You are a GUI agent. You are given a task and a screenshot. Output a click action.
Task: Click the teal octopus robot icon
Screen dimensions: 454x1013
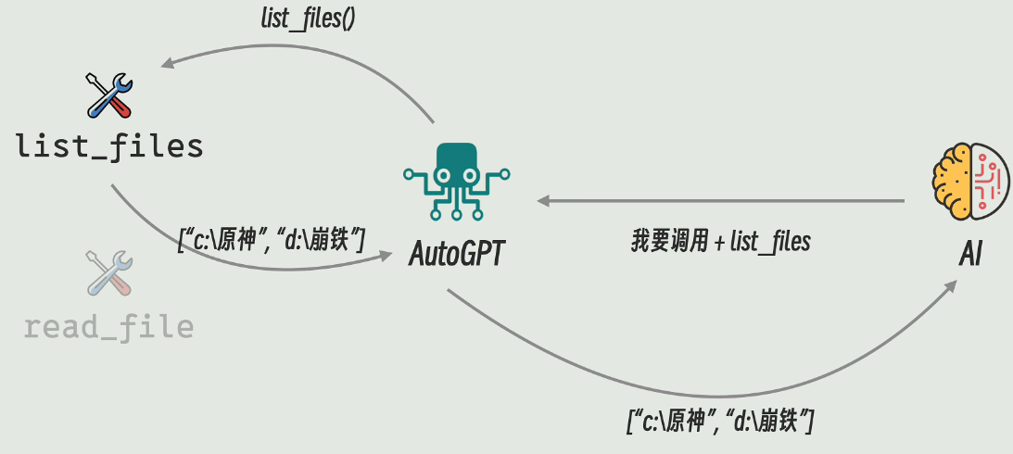(x=457, y=182)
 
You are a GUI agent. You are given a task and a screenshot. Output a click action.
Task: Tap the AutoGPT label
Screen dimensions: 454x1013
(x=457, y=252)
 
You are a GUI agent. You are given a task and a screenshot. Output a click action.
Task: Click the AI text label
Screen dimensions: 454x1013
(x=969, y=252)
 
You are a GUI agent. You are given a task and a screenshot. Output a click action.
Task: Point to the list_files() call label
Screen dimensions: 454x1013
(x=308, y=19)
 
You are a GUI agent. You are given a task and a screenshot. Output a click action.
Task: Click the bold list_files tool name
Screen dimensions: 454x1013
(x=109, y=146)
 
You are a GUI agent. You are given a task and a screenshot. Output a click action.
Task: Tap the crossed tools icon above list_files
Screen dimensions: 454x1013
(x=109, y=95)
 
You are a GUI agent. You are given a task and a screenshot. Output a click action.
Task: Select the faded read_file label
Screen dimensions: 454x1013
(x=109, y=327)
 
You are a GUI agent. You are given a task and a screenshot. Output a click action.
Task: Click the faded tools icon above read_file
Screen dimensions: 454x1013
(x=109, y=272)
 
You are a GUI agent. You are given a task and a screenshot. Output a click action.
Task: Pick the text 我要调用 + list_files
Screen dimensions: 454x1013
(x=720, y=243)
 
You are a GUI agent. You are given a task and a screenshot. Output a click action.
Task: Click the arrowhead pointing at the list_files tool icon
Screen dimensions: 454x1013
(x=167, y=65)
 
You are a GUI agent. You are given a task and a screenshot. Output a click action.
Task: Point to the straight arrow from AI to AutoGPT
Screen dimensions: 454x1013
(x=723, y=200)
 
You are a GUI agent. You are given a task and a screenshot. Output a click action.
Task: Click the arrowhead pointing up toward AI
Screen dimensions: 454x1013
(x=952, y=289)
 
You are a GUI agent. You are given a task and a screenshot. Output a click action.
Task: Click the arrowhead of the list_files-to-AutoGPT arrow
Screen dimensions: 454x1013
(x=387, y=259)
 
